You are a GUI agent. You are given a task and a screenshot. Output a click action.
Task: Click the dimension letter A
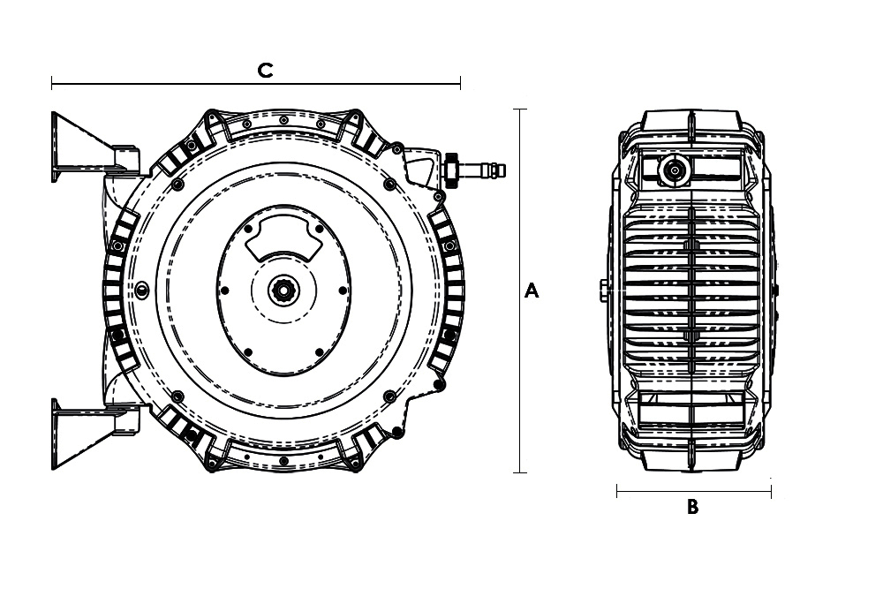point(532,291)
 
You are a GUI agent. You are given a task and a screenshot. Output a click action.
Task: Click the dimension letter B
point(692,507)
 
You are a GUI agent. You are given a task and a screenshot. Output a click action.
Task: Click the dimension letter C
point(265,71)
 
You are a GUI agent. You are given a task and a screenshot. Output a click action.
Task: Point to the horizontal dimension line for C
point(256,84)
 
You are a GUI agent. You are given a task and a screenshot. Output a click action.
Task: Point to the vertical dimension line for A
point(520,291)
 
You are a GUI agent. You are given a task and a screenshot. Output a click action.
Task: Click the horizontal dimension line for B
point(694,492)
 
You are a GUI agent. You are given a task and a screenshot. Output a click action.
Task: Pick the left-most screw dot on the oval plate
point(224,291)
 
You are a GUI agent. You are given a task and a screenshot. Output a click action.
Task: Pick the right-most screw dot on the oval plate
point(343,291)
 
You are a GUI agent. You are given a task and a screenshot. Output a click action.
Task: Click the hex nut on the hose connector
point(450,169)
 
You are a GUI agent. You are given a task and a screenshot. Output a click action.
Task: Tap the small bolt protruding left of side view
point(602,291)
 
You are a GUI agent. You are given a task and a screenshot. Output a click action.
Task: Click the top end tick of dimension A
point(520,109)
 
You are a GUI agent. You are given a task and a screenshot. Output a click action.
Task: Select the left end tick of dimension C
point(52,84)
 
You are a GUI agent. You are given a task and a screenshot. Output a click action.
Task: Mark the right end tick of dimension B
point(771,492)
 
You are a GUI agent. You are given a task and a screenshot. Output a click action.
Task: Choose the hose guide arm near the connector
point(419,167)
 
